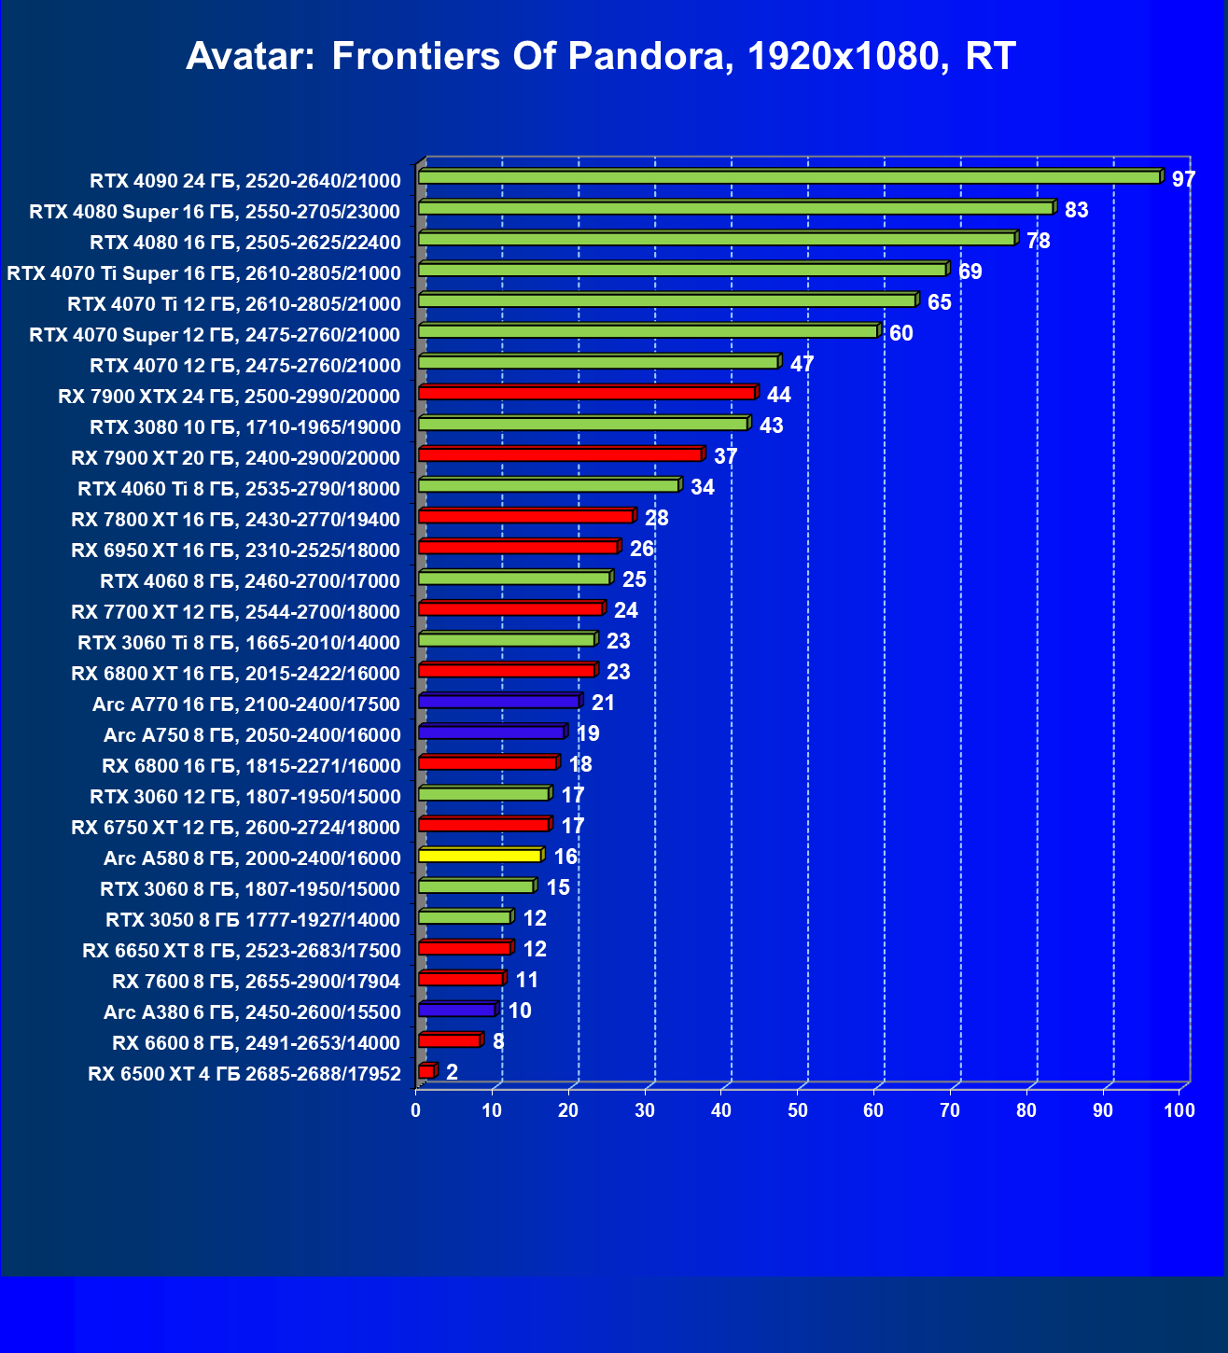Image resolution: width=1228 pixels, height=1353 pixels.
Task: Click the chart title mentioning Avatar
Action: point(600,56)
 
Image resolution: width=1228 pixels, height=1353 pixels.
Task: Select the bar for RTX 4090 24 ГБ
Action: point(789,177)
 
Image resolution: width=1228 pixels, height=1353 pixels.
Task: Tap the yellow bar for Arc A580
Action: point(480,856)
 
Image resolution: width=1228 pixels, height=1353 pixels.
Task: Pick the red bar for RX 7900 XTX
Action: point(586,393)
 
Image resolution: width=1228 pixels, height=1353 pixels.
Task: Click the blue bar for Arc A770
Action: point(498,702)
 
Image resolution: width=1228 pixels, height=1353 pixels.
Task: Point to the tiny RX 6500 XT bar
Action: point(426,1071)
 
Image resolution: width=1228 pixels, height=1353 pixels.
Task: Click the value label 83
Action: point(1076,210)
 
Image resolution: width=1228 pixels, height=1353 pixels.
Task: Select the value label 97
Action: point(1183,179)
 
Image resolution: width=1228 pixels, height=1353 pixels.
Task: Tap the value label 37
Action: point(725,456)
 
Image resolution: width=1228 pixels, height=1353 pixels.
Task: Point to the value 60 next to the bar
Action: point(900,333)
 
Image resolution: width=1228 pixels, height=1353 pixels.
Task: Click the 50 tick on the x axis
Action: point(798,1110)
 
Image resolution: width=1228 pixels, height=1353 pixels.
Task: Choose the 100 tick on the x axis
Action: point(1179,1110)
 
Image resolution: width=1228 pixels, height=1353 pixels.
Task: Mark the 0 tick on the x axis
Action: point(416,1110)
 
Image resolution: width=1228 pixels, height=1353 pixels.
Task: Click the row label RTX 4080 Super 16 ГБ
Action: point(215,211)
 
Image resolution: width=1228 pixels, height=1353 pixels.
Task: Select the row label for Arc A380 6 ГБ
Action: point(252,1011)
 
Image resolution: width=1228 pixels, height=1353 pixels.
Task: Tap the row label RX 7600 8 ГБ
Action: point(256,981)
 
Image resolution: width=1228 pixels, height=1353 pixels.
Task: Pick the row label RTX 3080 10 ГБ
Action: point(244,426)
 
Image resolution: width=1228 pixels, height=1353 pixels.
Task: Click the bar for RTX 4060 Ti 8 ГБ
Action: point(549,485)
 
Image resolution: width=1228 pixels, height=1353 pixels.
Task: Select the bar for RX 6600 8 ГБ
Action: point(449,1040)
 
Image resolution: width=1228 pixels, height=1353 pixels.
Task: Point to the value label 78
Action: point(1038,241)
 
